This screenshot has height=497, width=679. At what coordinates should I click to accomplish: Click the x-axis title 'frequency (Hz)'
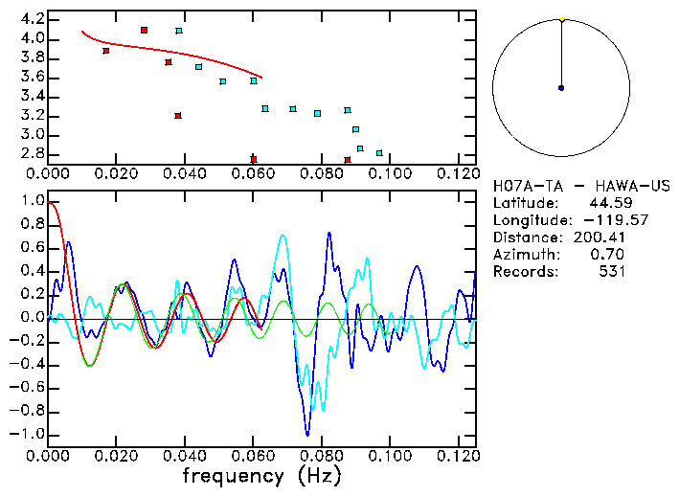[x=262, y=476]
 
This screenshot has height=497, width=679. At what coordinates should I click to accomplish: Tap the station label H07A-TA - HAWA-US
[x=580, y=185]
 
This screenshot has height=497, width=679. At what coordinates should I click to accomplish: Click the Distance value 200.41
[x=599, y=237]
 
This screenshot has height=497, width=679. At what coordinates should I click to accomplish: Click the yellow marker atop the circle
[x=562, y=19]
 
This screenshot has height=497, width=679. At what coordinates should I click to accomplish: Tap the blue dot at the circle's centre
[x=561, y=88]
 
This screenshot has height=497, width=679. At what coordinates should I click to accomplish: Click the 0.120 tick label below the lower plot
[x=457, y=457]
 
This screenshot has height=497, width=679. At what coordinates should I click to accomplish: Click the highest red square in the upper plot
[x=144, y=31]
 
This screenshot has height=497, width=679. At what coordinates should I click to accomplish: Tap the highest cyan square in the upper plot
[x=179, y=31]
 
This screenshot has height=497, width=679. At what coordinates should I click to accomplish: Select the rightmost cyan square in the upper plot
[x=379, y=153]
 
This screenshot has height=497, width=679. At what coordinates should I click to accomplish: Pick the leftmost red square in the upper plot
[x=105, y=51]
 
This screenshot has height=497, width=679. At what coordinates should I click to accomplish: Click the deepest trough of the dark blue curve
[x=306, y=433]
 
